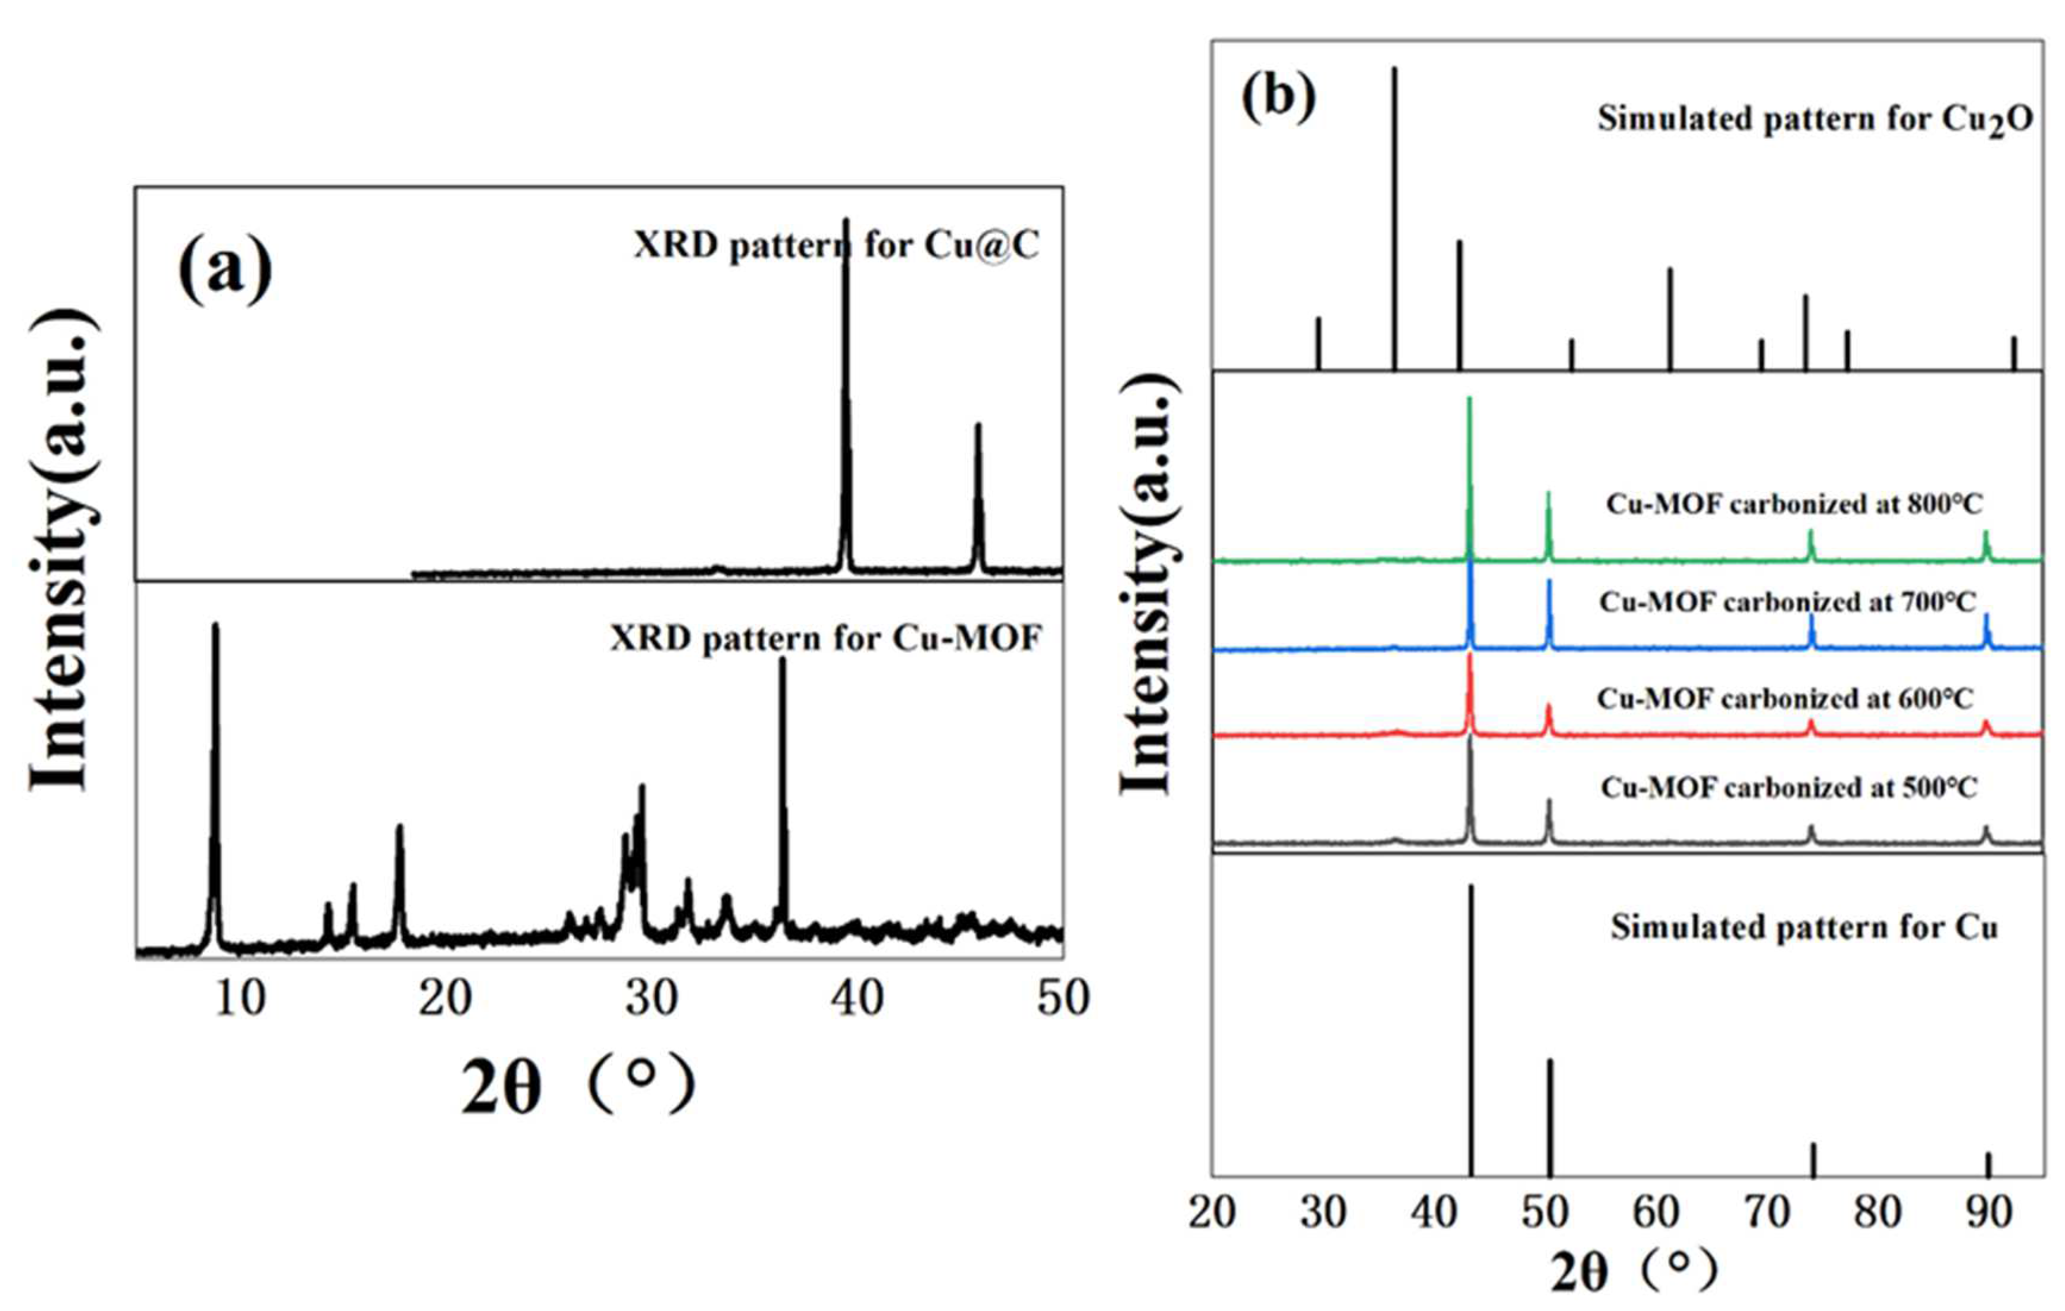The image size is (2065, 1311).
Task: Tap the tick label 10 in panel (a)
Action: coord(239,998)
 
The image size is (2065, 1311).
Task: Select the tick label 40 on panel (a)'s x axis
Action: coord(857,998)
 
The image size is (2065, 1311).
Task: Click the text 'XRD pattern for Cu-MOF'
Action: coord(825,638)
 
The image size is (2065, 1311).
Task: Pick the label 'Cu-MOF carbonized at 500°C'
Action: coord(1789,786)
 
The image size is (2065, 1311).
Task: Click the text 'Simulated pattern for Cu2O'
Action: coord(1814,119)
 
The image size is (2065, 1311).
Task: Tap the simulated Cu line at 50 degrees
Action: coord(1550,1115)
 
